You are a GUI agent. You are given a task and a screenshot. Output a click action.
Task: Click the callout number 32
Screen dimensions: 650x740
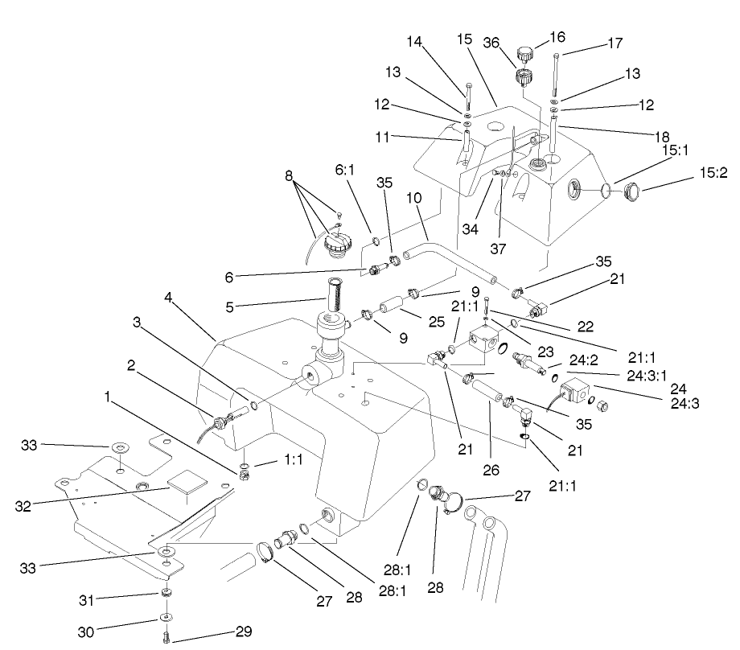pyautogui.click(x=23, y=506)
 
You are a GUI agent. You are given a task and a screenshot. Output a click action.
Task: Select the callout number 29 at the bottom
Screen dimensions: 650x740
pyautogui.click(x=244, y=631)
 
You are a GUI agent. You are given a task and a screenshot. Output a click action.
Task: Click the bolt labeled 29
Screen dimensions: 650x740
pyautogui.click(x=166, y=638)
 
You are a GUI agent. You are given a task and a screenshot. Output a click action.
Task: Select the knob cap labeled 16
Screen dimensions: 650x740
pyautogui.click(x=525, y=56)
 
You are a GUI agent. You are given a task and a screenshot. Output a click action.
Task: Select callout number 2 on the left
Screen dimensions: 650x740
pyautogui.click(x=129, y=364)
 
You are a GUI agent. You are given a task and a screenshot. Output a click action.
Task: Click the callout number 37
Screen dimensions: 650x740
pyautogui.click(x=498, y=249)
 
